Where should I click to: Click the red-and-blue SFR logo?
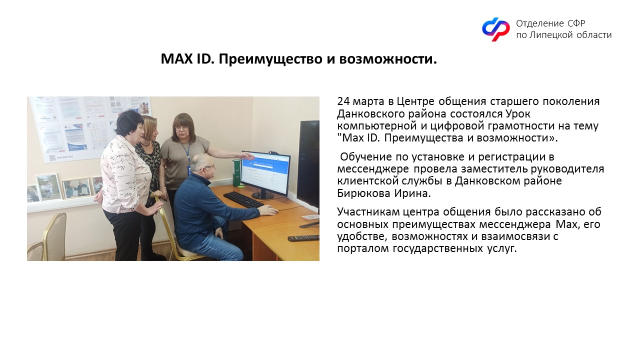[495, 29]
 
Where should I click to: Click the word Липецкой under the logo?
[548, 35]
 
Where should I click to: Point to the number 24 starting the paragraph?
[343, 101]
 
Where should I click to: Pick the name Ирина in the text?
[412, 193]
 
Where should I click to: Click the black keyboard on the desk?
[243, 199]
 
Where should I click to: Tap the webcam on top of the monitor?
[275, 152]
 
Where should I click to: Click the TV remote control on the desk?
[303, 237]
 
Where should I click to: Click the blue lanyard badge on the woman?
[189, 169]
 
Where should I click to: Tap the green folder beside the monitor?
[237, 173]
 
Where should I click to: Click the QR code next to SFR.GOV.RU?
[52, 157]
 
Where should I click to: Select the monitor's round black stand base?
[262, 195]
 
